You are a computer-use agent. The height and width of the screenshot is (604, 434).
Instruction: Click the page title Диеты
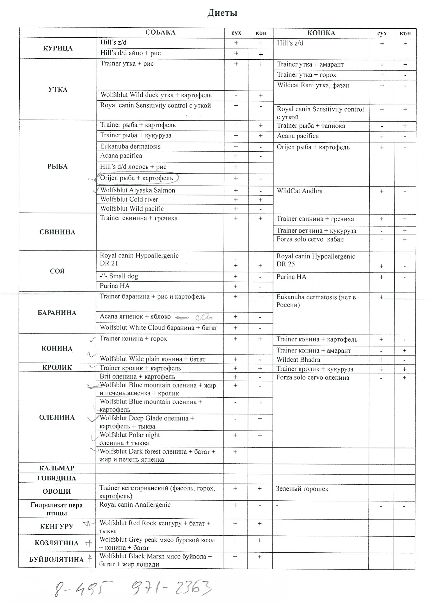click(x=222, y=13)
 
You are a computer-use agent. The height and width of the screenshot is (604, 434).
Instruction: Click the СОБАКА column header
click(x=160, y=32)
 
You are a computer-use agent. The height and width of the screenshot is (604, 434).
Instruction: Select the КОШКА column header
click(x=321, y=33)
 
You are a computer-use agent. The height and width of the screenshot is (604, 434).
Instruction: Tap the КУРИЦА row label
click(x=58, y=48)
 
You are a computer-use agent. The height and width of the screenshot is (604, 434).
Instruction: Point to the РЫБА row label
click(x=58, y=167)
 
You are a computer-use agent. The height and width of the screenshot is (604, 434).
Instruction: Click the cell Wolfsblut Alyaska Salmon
click(x=138, y=190)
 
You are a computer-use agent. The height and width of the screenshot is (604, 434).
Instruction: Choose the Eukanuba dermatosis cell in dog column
click(x=130, y=146)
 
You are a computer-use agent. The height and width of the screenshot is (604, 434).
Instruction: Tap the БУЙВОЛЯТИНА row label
click(x=56, y=560)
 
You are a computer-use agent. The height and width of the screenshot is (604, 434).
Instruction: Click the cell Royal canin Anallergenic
click(x=135, y=505)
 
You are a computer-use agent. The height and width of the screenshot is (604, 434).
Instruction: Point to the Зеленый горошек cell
click(x=302, y=489)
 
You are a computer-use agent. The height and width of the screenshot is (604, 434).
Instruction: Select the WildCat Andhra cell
click(x=300, y=191)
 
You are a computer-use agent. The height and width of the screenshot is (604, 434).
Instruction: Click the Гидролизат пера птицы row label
click(x=56, y=509)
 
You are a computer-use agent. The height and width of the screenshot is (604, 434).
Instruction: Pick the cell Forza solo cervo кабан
click(x=310, y=240)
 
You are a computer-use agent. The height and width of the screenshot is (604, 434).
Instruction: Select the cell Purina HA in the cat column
click(x=291, y=277)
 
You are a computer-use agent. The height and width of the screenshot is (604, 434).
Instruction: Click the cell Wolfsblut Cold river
click(x=129, y=199)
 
